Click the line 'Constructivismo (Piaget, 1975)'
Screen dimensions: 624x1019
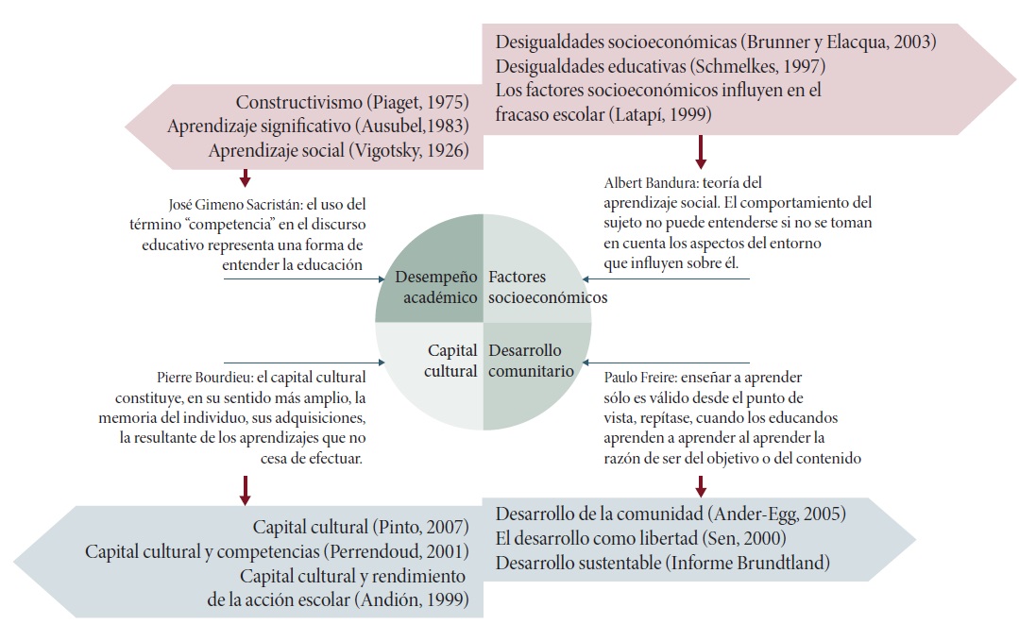[x=353, y=103]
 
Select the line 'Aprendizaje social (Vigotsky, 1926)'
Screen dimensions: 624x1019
[x=337, y=150]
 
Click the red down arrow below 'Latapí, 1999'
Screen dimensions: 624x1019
[x=701, y=149]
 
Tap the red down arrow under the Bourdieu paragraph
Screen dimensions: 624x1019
[x=245, y=489]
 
